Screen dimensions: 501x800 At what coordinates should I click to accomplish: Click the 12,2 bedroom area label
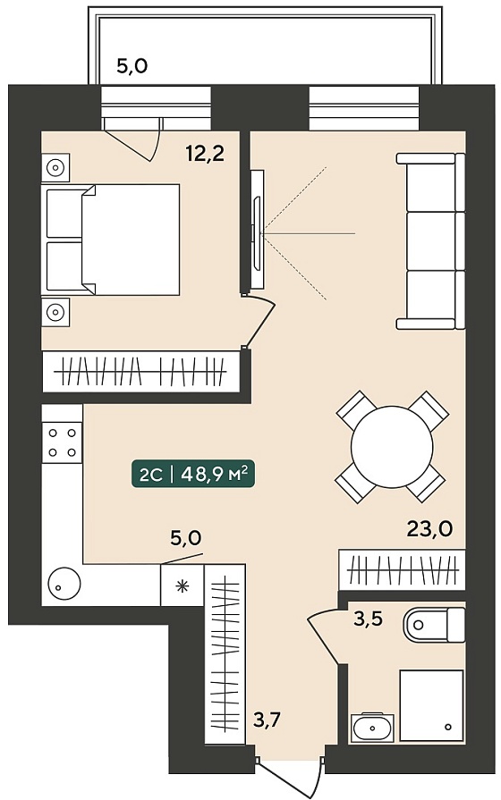coord(205,153)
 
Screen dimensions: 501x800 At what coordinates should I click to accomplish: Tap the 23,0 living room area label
coord(429,529)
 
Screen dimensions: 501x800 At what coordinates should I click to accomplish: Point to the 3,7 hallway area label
coord(267,721)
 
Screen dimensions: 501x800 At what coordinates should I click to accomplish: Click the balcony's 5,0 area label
coord(132,66)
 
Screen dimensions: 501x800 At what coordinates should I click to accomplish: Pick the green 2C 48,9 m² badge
coord(193,475)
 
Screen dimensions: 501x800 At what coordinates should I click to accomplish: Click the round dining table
coord(392,446)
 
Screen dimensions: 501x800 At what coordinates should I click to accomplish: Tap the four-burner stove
coord(62,442)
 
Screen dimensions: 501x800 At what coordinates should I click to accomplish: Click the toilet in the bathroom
coord(434,625)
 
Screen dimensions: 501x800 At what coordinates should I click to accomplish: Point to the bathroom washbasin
coord(372,728)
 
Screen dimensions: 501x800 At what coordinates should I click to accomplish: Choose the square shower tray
coord(431,705)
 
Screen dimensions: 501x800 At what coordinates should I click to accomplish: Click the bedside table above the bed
coord(55,167)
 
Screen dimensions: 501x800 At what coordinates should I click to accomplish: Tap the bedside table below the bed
coord(55,312)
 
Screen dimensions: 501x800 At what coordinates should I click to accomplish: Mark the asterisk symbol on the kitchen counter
coord(182,585)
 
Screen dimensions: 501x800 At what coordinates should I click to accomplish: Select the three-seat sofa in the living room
coord(431,241)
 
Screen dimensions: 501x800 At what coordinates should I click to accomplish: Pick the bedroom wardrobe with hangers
coord(141,372)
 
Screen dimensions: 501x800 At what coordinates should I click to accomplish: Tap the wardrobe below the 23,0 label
coord(402,570)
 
